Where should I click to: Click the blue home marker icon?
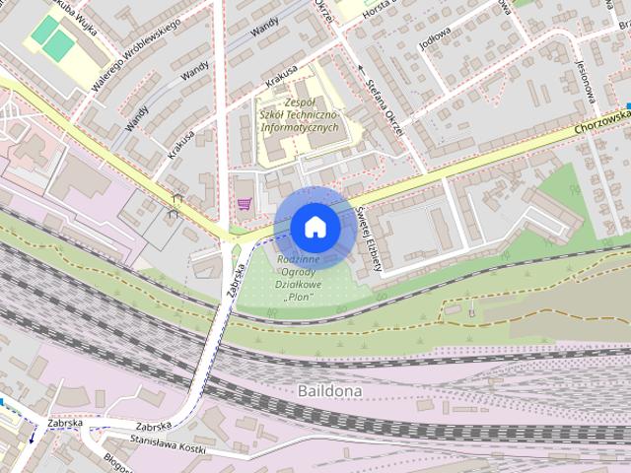pyautogui.click(x=315, y=227)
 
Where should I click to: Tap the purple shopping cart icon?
pyautogui.click(x=243, y=204)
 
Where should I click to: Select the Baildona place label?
pyautogui.click(x=329, y=391)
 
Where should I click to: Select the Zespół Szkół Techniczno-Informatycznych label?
pyautogui.click(x=298, y=115)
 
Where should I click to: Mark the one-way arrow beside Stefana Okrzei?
pyautogui.click(x=362, y=69)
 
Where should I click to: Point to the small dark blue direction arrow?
pyautogui.click(x=32, y=435)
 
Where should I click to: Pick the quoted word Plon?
pyautogui.click(x=298, y=297)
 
